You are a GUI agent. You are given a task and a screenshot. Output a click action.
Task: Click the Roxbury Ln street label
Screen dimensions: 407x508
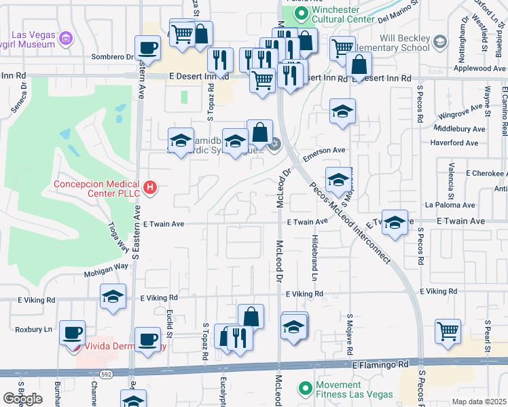pos(33,330)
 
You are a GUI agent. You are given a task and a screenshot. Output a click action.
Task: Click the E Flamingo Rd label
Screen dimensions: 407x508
pos(380,365)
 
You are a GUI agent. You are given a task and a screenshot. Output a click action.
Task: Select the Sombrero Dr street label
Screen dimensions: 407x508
pos(120,57)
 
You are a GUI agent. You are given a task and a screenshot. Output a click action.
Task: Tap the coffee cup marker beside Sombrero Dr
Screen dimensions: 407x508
pos(147,49)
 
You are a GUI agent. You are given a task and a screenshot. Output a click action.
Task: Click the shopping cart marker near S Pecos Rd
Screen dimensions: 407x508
pos(448,332)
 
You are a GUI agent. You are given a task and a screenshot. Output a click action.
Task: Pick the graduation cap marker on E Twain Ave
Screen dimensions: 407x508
pos(394,223)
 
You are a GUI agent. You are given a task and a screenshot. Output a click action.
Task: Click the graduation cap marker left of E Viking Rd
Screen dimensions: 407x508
pos(113,296)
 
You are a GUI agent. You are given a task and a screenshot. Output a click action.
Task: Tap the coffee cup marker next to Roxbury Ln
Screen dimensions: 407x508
pos(72,334)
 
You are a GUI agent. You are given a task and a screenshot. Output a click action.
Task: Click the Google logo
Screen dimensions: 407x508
pos(22,398)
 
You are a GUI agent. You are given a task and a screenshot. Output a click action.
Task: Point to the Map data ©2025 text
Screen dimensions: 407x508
pos(477,402)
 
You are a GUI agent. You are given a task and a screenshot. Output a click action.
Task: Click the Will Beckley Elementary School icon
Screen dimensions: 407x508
pos(439,43)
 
